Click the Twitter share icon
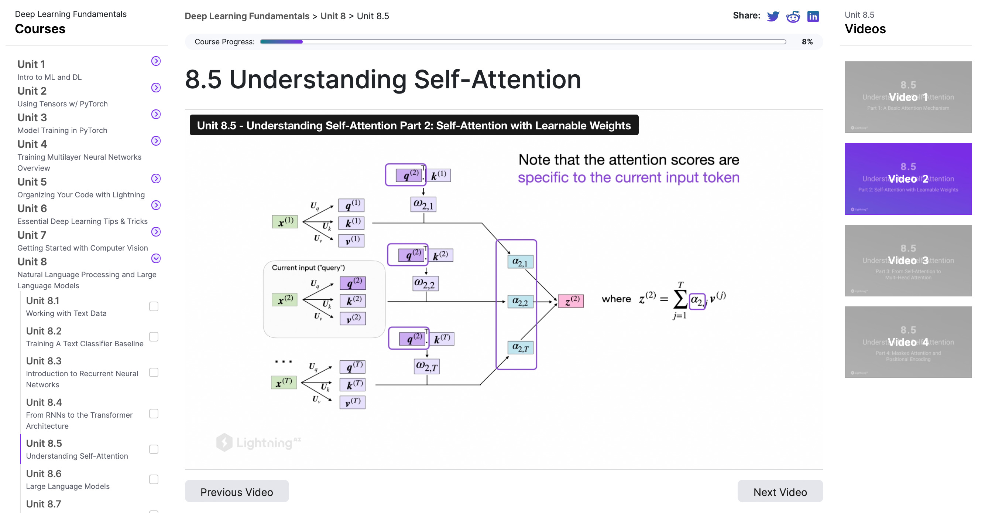click(773, 17)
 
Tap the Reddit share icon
click(793, 17)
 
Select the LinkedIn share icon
click(813, 17)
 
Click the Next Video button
click(780, 492)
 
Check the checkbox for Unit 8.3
click(154, 373)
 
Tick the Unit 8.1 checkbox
click(154, 306)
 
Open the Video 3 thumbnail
click(908, 260)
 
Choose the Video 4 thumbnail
click(908, 342)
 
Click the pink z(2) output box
click(570, 301)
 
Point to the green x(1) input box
click(285, 222)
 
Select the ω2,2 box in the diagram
click(425, 284)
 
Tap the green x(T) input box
click(284, 382)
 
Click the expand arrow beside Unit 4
click(156, 141)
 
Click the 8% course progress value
click(807, 42)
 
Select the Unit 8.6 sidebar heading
click(44, 473)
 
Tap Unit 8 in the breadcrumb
click(333, 16)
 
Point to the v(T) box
click(352, 402)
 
